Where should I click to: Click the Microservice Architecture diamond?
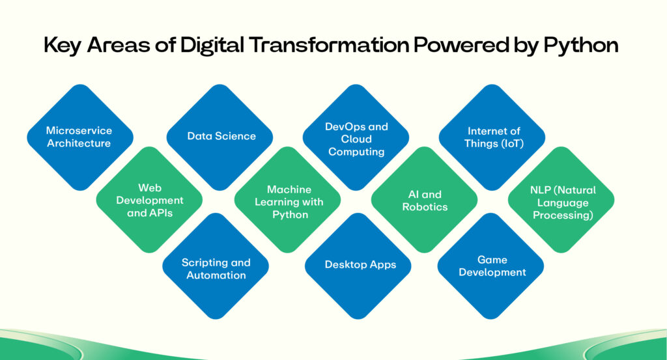tap(80, 137)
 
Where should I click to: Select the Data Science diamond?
tap(220, 137)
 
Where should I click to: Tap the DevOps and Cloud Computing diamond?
tap(356, 137)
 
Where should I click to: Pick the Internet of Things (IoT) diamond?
tap(492, 137)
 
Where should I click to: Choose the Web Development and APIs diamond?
tap(149, 200)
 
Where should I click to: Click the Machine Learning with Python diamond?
tap(287, 200)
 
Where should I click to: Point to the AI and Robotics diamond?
tap(425, 200)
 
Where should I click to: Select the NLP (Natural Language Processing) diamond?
tap(561, 200)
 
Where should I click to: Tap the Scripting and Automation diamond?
tap(216, 266)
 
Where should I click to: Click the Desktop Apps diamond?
tap(358, 266)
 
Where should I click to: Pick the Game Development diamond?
tap(491, 266)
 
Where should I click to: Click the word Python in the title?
tap(581, 46)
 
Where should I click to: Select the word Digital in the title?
tap(212, 46)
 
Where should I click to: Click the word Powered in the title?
tap(462, 45)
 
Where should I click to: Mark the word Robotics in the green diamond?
tap(425, 207)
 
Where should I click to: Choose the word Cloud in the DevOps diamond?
tap(356, 139)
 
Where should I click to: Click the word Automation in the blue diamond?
tap(216, 275)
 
